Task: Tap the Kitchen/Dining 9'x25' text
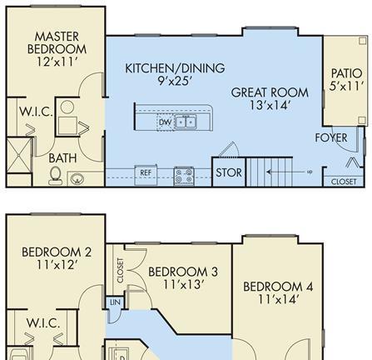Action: pyautogui.click(x=175, y=74)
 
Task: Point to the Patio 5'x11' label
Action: pyautogui.click(x=346, y=80)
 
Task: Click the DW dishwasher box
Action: pyautogui.click(x=166, y=122)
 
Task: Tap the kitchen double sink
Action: pyautogui.click(x=186, y=122)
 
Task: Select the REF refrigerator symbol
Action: pyautogui.click(x=146, y=175)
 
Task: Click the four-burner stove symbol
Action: pyautogui.click(x=184, y=176)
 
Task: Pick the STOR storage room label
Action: pyautogui.click(x=229, y=172)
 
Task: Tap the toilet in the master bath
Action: pyautogui.click(x=55, y=175)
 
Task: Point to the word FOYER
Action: pyautogui.click(x=331, y=137)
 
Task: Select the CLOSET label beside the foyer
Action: pyautogui.click(x=344, y=182)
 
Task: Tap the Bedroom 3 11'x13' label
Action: pyautogui.click(x=183, y=277)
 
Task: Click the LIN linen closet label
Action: pyautogui.click(x=115, y=302)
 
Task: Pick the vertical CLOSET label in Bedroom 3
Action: pyautogui.click(x=120, y=271)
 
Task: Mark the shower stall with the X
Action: pyautogui.click(x=18, y=155)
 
